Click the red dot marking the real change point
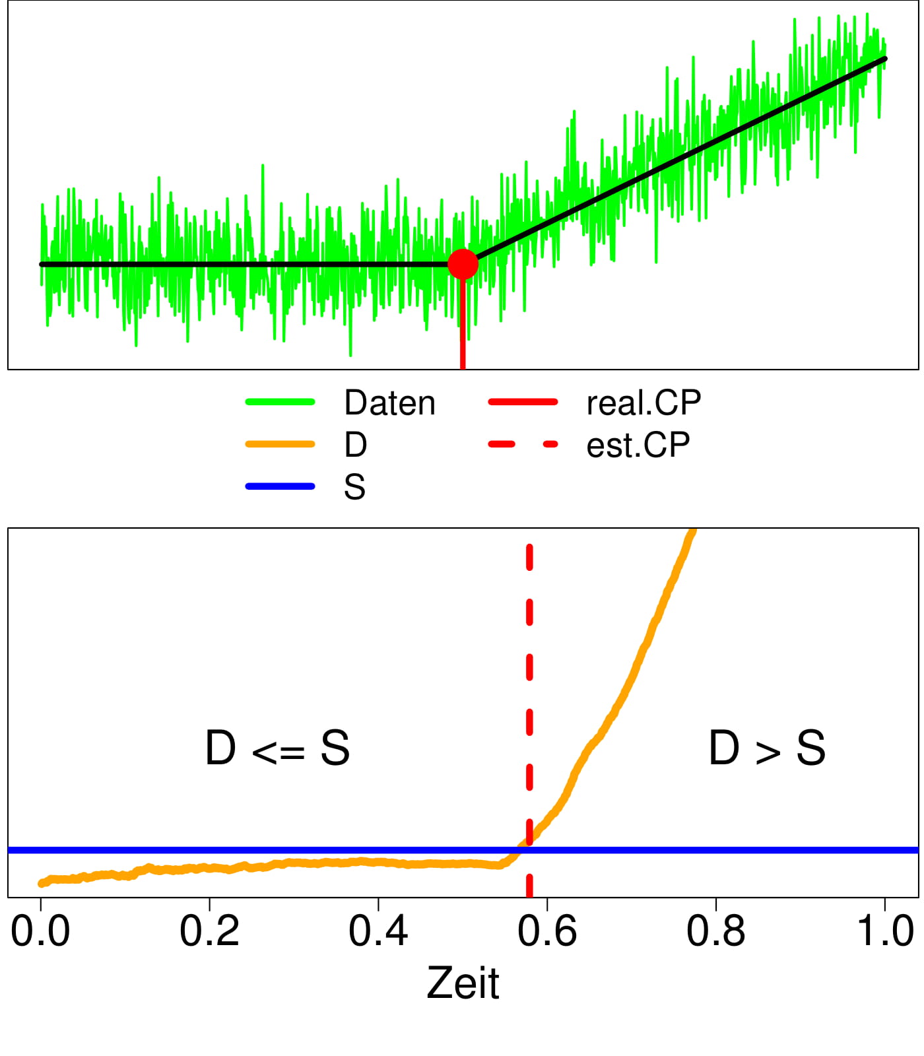coord(463,264)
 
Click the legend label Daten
coord(389,403)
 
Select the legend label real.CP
coord(643,403)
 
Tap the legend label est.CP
coord(638,445)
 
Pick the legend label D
coord(355,445)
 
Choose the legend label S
coord(354,487)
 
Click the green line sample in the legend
coord(280,402)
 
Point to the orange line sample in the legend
coord(280,444)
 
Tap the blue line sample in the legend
coord(280,486)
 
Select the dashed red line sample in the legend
coord(523,444)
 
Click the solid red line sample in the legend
coord(523,402)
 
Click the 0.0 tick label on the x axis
coord(40,931)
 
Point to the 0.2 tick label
coord(209,931)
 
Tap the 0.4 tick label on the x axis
coord(378,931)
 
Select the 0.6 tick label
coord(547,931)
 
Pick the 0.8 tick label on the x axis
coord(716,931)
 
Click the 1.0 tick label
coord(885,931)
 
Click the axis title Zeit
coord(463,983)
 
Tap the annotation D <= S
coord(277,748)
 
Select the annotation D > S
coord(767,748)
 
